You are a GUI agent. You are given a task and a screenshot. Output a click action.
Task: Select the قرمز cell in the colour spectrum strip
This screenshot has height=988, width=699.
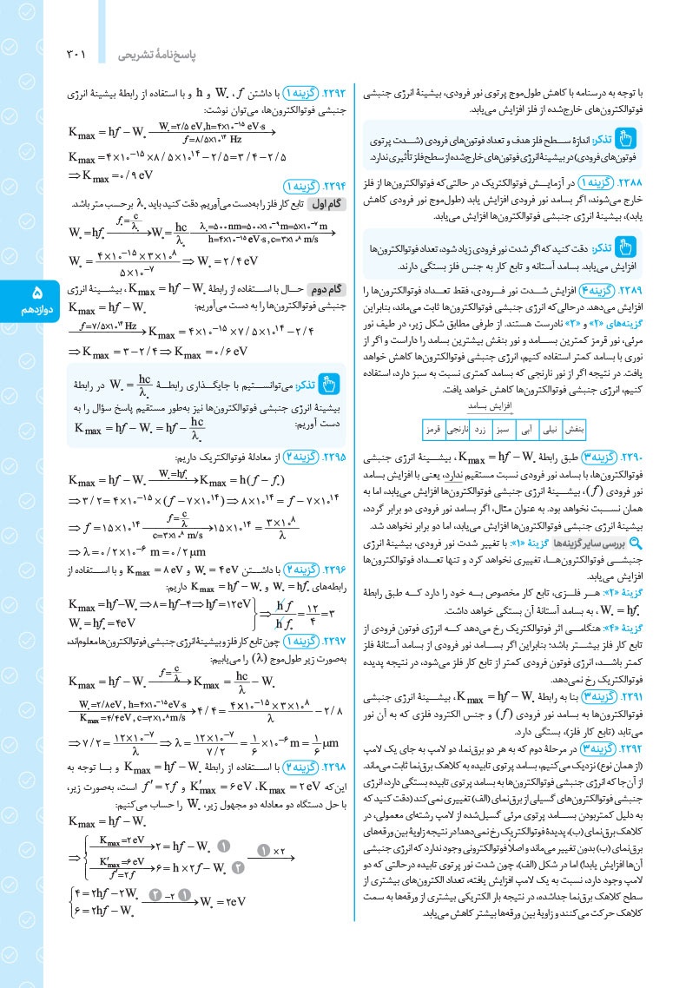[x=432, y=429]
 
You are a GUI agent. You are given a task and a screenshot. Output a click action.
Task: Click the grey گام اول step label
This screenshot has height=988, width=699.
[x=319, y=203]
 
